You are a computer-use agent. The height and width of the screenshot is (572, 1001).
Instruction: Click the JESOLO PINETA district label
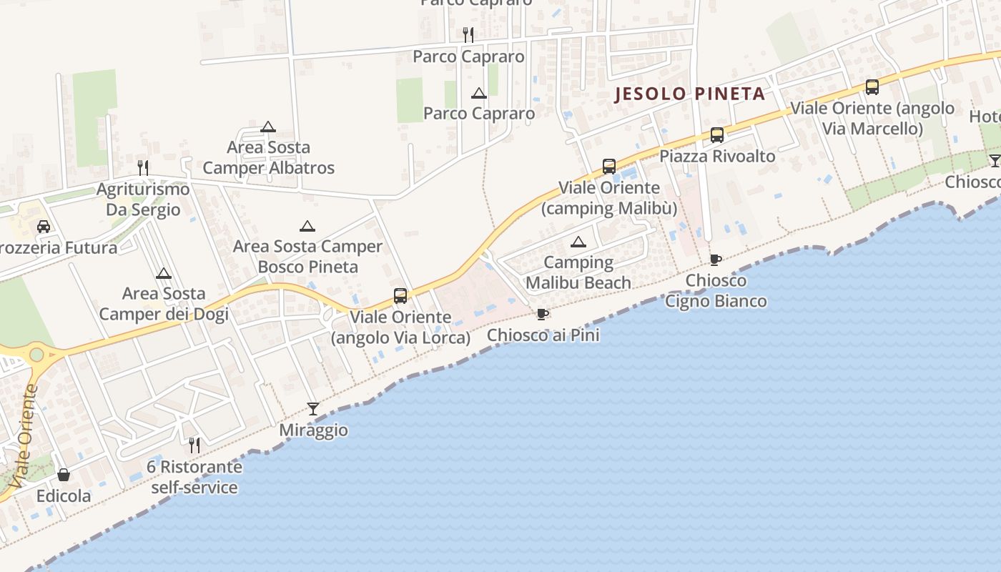coord(691,94)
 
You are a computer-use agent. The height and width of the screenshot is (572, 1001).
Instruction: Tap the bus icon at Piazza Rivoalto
coord(716,134)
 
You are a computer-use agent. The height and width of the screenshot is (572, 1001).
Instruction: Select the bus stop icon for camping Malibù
coord(608,166)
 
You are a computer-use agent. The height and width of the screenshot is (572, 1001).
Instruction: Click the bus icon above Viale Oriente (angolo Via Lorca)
coord(400,295)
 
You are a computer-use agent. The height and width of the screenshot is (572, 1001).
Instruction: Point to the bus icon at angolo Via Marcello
coord(872,87)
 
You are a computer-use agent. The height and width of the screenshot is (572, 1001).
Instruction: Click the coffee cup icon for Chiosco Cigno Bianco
coord(715,260)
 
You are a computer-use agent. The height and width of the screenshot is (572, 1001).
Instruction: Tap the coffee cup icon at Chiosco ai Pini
coord(543,314)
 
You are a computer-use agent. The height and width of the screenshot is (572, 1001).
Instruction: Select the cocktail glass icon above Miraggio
coord(313,408)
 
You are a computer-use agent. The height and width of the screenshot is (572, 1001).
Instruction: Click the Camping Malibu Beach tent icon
coord(578,242)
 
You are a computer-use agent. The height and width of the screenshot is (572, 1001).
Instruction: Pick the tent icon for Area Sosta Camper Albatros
coord(268,127)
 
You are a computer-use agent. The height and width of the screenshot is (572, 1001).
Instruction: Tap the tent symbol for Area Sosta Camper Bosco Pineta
coord(307,226)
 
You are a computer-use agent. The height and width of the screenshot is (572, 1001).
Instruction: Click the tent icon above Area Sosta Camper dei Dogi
coord(164,273)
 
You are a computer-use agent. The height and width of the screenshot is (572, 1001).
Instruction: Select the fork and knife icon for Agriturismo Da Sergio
coord(143,168)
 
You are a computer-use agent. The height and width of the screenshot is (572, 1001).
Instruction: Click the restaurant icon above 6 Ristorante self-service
coord(194,445)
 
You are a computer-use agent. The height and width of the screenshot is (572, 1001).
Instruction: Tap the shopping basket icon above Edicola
coord(64,475)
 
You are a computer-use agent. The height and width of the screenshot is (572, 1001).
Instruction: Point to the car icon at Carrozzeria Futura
coord(44,227)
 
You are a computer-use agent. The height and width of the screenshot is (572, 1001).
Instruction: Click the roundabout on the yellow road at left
coord(36,354)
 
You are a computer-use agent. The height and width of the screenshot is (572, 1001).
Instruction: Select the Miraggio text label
coord(313,430)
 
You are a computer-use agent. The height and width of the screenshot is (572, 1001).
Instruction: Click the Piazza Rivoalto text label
coord(716,156)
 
